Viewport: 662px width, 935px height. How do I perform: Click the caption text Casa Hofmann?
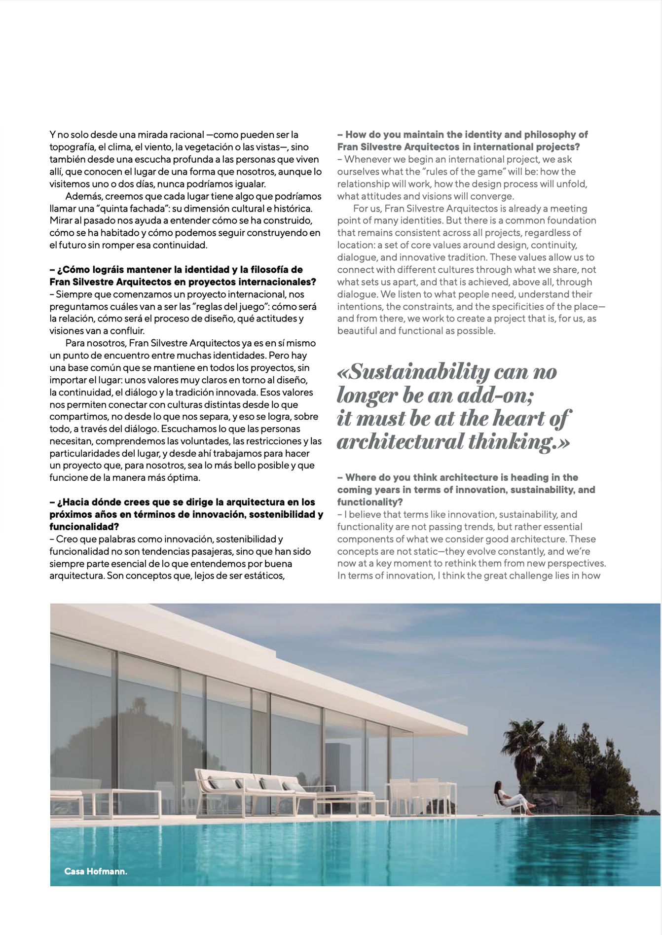tap(96, 871)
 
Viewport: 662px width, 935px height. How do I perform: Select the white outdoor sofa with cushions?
tap(257, 784)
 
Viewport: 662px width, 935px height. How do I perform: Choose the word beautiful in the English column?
tap(357, 331)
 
